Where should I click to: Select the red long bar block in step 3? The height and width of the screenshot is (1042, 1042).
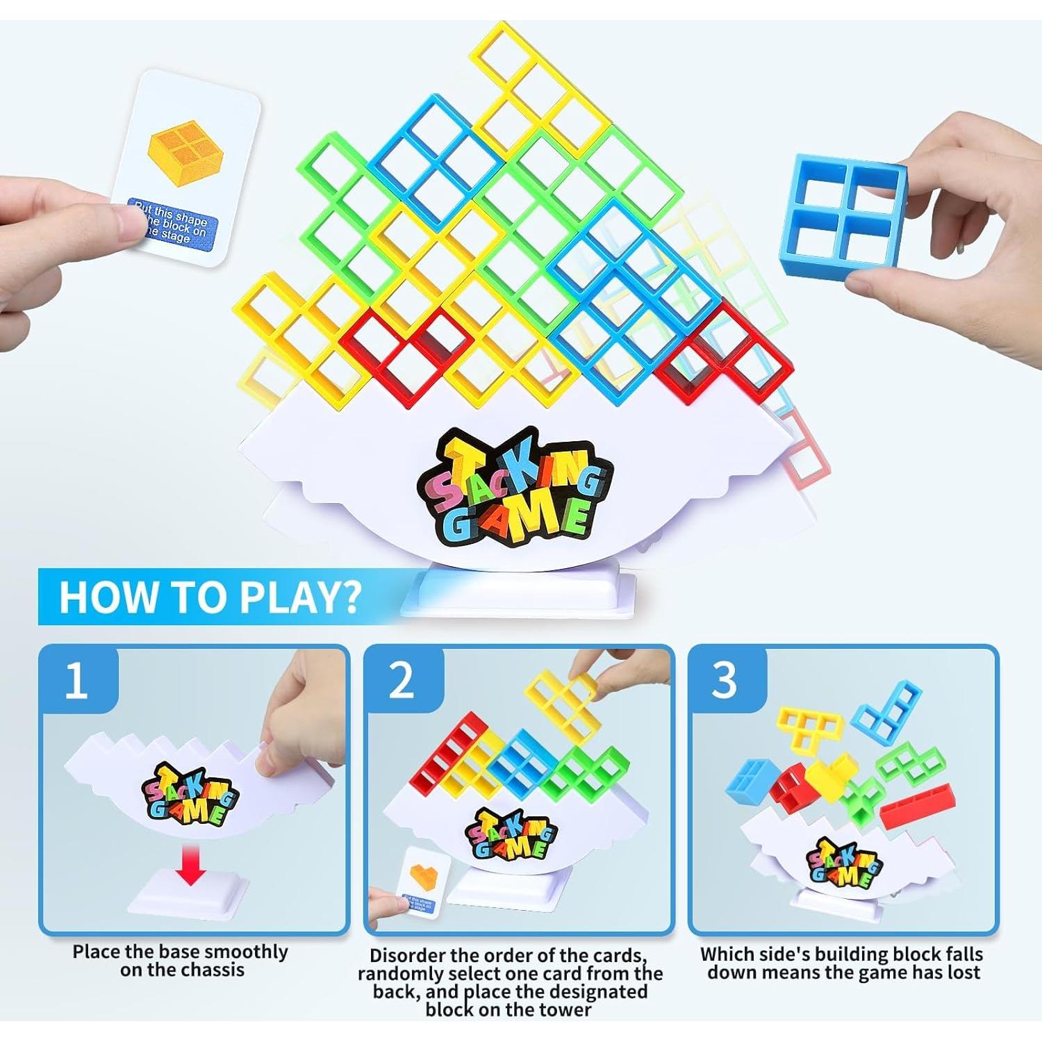click(916, 806)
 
